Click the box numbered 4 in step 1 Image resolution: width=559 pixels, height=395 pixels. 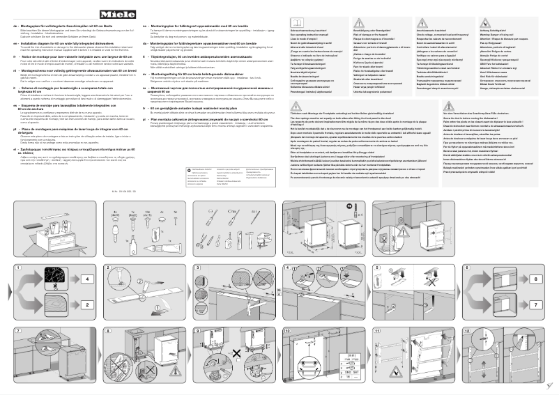[x=89, y=281]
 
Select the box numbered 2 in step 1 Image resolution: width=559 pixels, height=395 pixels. [x=89, y=304]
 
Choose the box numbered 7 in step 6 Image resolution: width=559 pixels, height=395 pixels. [x=536, y=304]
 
